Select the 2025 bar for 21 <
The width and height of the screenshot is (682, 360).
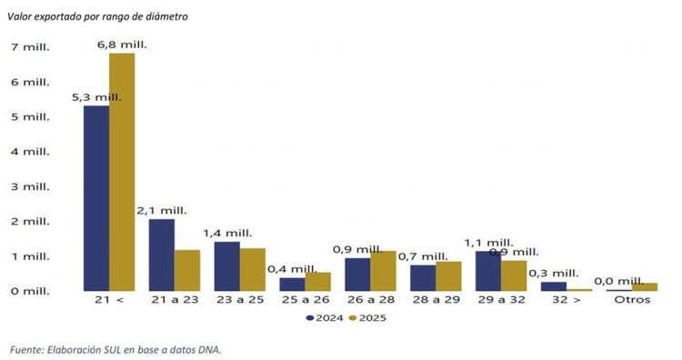pyautogui.click(x=122, y=172)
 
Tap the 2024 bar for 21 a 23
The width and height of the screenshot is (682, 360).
pyautogui.click(x=162, y=255)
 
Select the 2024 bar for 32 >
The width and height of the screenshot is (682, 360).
pyautogui.click(x=553, y=286)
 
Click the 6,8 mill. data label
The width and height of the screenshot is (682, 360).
pyautogui.click(x=122, y=44)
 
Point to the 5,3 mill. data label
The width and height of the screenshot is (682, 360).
pyautogui.click(x=96, y=96)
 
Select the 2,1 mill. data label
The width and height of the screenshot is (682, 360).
pyautogui.click(x=162, y=210)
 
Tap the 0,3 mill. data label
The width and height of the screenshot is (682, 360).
pyautogui.click(x=553, y=273)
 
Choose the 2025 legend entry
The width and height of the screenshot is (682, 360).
pyautogui.click(x=368, y=318)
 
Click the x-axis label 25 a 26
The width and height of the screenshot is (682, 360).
pyautogui.click(x=305, y=299)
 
